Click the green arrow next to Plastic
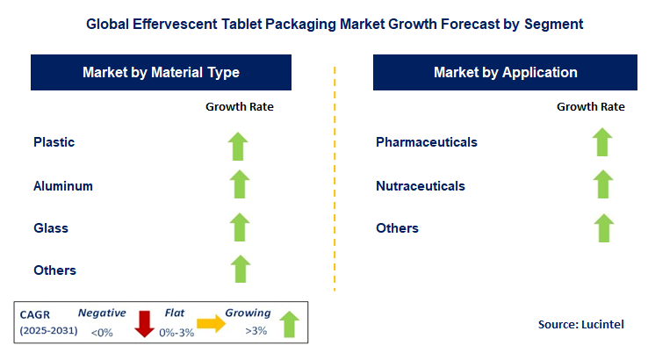point(239,146)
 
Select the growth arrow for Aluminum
point(239,184)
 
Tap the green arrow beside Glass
point(239,227)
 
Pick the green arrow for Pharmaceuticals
point(601,142)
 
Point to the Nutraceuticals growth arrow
point(601,184)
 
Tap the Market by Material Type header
point(161,73)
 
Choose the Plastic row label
point(54,142)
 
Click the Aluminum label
point(63,186)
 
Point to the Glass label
point(51,228)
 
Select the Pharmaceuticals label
point(427,142)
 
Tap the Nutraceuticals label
point(421,186)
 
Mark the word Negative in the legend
point(102,313)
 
